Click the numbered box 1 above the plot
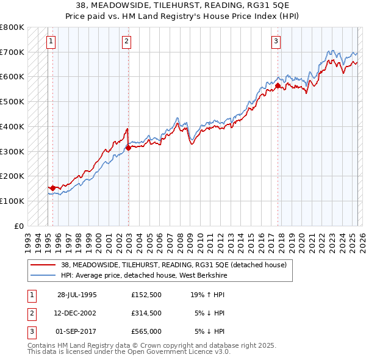50,41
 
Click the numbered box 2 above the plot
126,41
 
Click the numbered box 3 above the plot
276,41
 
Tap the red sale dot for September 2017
278,86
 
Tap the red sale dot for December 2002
129,148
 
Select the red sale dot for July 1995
53,188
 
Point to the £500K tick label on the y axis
12,101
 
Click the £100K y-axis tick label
12,201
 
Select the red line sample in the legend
43,265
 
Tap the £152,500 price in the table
146,294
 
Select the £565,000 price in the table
146,331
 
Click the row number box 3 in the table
30,331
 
